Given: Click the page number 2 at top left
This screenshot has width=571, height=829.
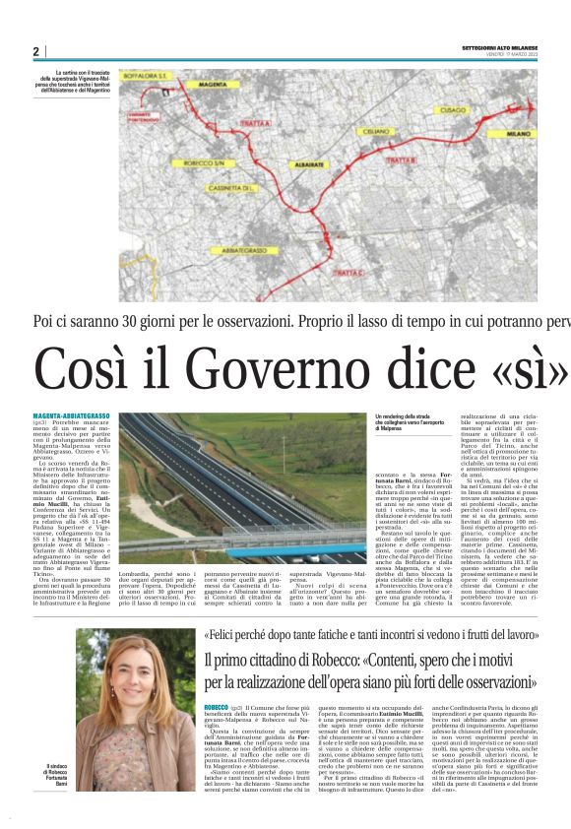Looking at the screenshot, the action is pos(35,51).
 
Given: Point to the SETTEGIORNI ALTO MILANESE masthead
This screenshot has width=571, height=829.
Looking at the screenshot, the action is pos(500,47).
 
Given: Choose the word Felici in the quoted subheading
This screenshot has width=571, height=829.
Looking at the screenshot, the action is pos(224,636).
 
